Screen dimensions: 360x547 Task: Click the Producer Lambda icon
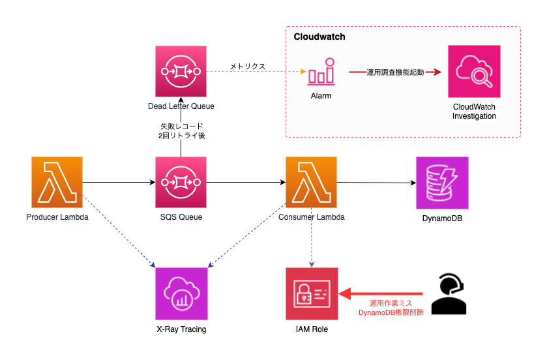[57, 182]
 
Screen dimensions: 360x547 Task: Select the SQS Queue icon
[181, 182]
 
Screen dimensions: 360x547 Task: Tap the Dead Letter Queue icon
[181, 71]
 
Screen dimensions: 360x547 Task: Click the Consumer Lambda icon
[311, 182]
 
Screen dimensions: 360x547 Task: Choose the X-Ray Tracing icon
[181, 293]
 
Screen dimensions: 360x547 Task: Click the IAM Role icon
[312, 293]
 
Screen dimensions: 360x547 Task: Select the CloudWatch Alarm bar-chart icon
[321, 72]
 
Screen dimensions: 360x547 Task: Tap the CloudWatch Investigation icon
[474, 71]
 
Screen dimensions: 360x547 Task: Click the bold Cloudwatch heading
[319, 37]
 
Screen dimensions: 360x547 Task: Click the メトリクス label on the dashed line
[248, 67]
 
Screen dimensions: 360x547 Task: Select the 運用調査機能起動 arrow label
[395, 72]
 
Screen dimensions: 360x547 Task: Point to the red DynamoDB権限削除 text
[391, 312]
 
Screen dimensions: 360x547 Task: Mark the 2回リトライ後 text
[181, 136]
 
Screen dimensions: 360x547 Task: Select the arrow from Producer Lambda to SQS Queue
[119, 182]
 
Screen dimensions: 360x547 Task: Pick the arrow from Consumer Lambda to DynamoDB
[376, 183]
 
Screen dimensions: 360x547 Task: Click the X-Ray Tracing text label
[181, 329]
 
